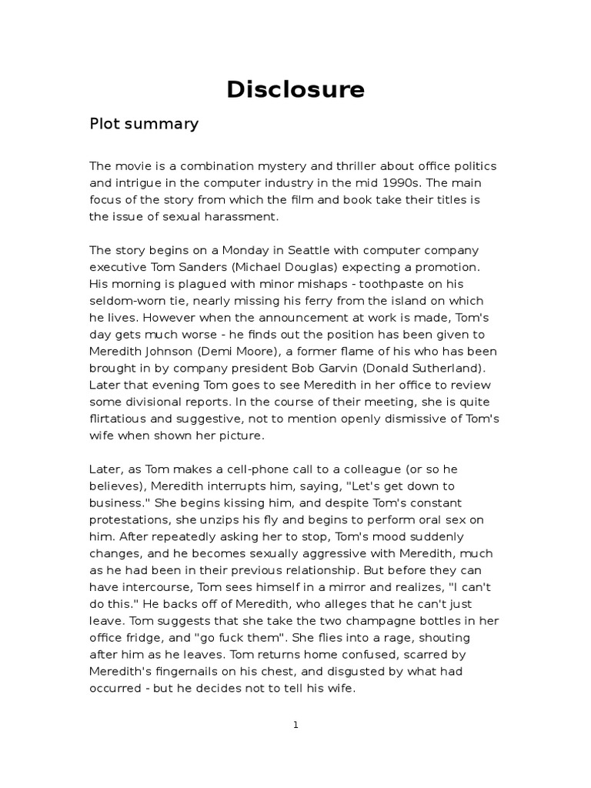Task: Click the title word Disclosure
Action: click(295, 90)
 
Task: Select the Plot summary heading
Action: click(144, 124)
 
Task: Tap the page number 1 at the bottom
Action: click(295, 724)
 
